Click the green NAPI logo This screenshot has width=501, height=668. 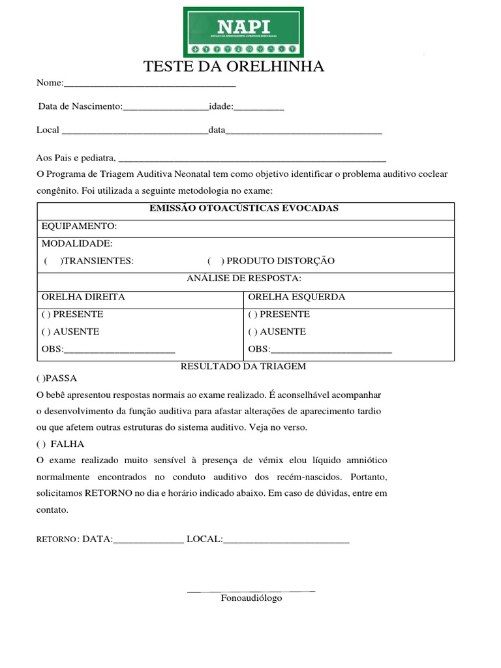point(243,32)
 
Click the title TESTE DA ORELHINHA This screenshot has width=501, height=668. point(234,67)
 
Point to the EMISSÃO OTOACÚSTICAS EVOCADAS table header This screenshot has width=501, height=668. point(244,208)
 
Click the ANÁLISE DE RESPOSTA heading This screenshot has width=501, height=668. point(244,279)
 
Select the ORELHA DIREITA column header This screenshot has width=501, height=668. point(83,297)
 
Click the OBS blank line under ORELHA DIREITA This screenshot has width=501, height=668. point(119,350)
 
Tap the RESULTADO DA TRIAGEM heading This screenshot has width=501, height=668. point(243,367)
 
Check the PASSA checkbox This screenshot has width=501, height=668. point(41,378)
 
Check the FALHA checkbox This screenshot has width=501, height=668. point(41,444)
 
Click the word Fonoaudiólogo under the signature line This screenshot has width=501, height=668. point(251,598)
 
